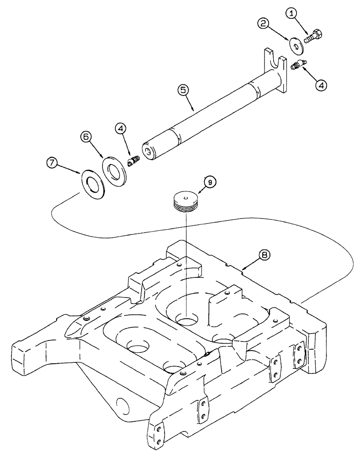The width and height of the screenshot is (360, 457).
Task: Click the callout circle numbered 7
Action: point(53,162)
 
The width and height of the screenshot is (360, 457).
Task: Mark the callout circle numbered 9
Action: point(210,182)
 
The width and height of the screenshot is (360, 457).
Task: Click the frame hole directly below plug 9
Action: point(187,318)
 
